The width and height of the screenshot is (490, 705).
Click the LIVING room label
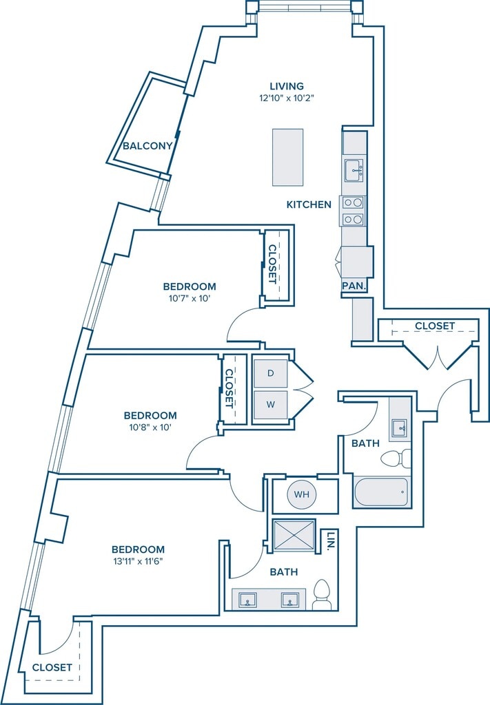(x=287, y=86)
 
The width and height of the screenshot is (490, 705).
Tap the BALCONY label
(x=147, y=146)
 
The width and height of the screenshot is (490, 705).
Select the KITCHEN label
(x=309, y=204)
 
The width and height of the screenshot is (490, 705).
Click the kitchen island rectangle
(x=287, y=157)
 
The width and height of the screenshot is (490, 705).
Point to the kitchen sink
(x=354, y=169)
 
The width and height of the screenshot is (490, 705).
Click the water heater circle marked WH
(x=301, y=494)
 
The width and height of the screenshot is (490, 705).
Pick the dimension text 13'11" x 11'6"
(x=138, y=561)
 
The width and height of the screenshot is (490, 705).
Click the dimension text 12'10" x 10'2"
(x=287, y=98)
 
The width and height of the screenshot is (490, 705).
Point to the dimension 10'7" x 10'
(x=190, y=298)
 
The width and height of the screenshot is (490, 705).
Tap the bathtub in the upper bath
(x=381, y=492)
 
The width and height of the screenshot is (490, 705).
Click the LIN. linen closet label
(x=330, y=541)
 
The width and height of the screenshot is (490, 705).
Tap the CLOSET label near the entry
(x=434, y=326)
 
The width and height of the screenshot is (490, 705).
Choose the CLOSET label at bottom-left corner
(x=52, y=667)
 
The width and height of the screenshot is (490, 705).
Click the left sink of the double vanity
(x=249, y=600)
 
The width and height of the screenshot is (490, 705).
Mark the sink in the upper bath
(x=400, y=428)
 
